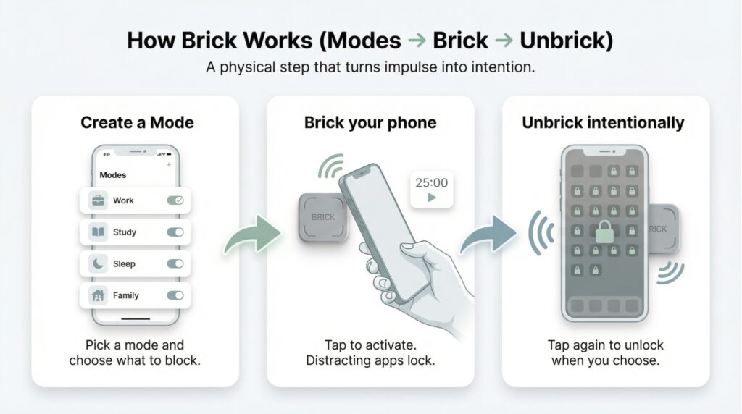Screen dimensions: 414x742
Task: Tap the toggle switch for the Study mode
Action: click(175, 232)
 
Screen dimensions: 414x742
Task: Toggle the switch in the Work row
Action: click(175, 200)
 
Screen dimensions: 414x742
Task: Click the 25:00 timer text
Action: click(431, 183)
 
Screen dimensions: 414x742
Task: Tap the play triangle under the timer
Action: click(432, 198)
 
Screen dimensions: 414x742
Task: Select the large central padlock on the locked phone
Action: click(603, 231)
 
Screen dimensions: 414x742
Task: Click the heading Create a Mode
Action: click(137, 122)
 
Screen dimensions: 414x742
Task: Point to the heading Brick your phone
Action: click(370, 122)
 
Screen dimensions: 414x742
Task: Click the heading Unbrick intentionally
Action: click(603, 122)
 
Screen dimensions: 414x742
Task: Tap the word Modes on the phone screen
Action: click(112, 175)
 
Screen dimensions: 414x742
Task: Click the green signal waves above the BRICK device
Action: click(331, 168)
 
